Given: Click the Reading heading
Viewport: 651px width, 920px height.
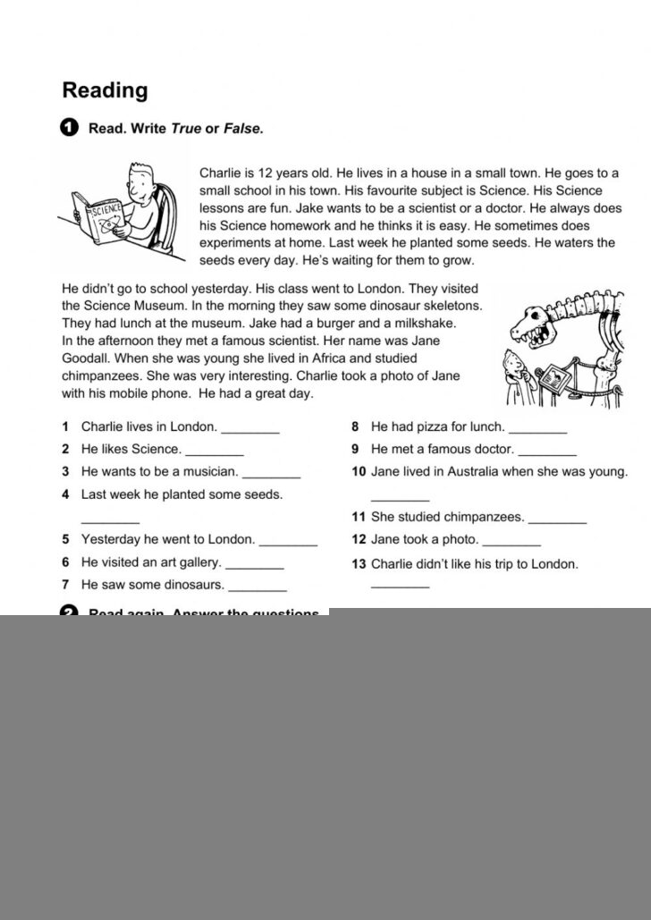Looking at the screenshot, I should click(x=105, y=90).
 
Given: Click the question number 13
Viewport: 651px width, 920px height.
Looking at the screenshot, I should click(x=359, y=564).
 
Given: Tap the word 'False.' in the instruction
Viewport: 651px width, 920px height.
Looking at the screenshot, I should click(x=243, y=129).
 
